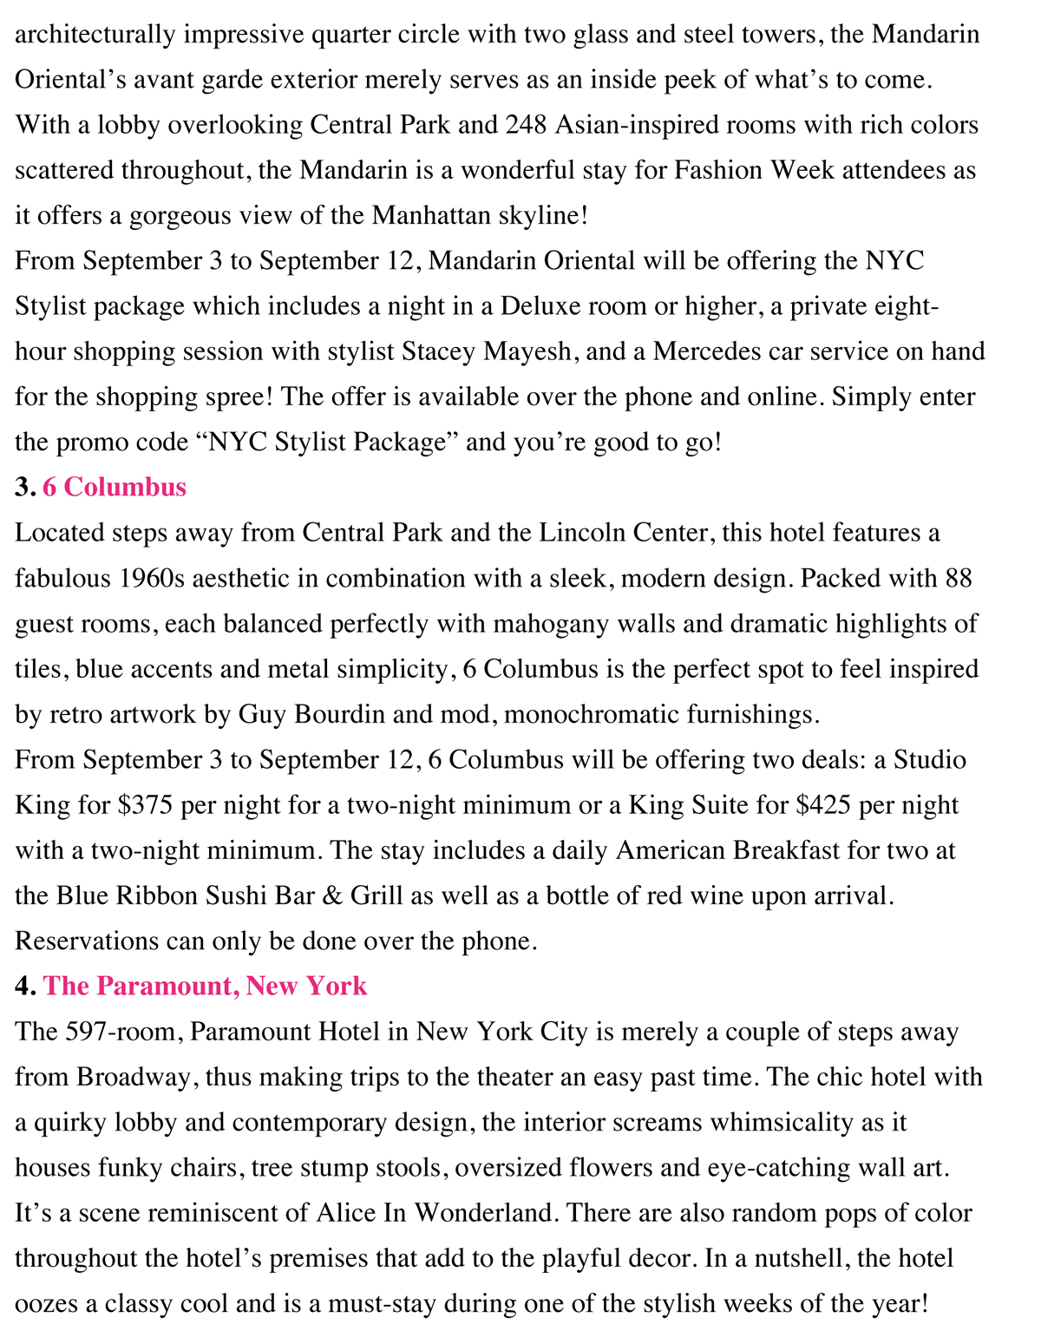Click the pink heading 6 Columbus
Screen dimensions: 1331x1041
[115, 487]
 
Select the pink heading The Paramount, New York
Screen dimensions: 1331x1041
[206, 986]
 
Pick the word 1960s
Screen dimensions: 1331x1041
[140, 578]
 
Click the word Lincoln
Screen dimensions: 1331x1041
[591, 533]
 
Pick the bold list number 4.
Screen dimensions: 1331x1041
[24, 986]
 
